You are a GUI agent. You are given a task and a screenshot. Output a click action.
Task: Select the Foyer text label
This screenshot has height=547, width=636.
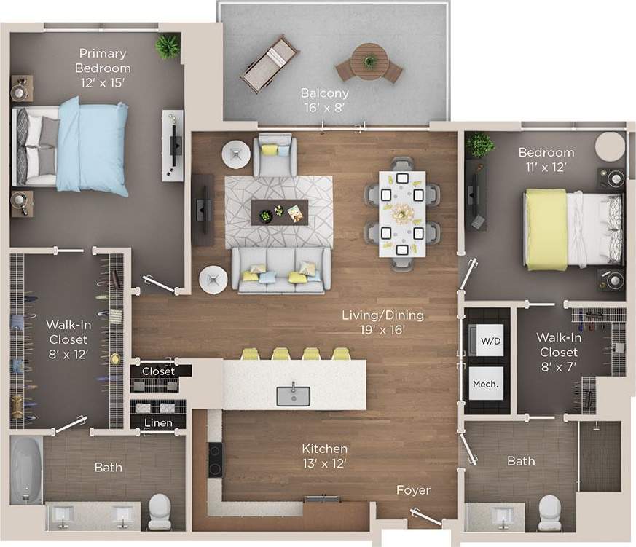[413, 490]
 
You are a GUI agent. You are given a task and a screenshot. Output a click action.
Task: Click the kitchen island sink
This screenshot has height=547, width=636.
[294, 396]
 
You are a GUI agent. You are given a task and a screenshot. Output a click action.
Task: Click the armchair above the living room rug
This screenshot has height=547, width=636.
[275, 155]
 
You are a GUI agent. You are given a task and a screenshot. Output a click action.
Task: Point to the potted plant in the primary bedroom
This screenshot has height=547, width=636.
[168, 47]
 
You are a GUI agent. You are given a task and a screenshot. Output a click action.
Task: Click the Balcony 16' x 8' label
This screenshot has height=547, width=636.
[325, 100]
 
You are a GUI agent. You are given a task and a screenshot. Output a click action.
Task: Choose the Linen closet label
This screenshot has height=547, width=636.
[158, 423]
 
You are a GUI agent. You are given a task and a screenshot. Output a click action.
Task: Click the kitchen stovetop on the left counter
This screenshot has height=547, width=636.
[215, 461]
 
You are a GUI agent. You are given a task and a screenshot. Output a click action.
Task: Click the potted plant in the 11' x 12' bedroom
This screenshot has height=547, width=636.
[479, 143]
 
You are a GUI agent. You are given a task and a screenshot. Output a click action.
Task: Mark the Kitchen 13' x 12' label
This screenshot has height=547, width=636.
[325, 455]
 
